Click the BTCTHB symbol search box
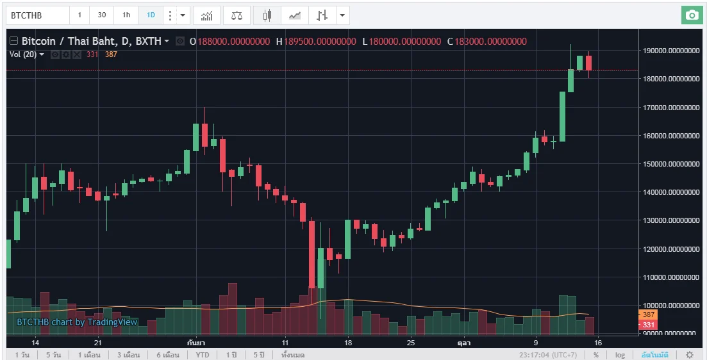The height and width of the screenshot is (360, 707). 37,15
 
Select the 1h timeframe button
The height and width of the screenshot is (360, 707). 126,15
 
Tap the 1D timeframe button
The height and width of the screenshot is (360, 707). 151,15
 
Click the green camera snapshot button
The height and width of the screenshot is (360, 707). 691,15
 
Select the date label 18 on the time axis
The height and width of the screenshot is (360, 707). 348,343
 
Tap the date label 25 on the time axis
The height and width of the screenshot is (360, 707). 411,343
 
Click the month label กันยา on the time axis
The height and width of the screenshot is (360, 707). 197,343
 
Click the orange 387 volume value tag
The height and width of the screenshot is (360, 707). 649,315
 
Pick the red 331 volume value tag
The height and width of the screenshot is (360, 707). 649,325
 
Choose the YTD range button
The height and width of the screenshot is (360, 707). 203,355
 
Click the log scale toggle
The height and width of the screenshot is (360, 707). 620,355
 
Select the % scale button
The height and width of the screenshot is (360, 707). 596,355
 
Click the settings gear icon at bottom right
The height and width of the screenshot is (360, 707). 690,355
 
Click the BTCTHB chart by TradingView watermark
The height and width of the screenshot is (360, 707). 77,322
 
